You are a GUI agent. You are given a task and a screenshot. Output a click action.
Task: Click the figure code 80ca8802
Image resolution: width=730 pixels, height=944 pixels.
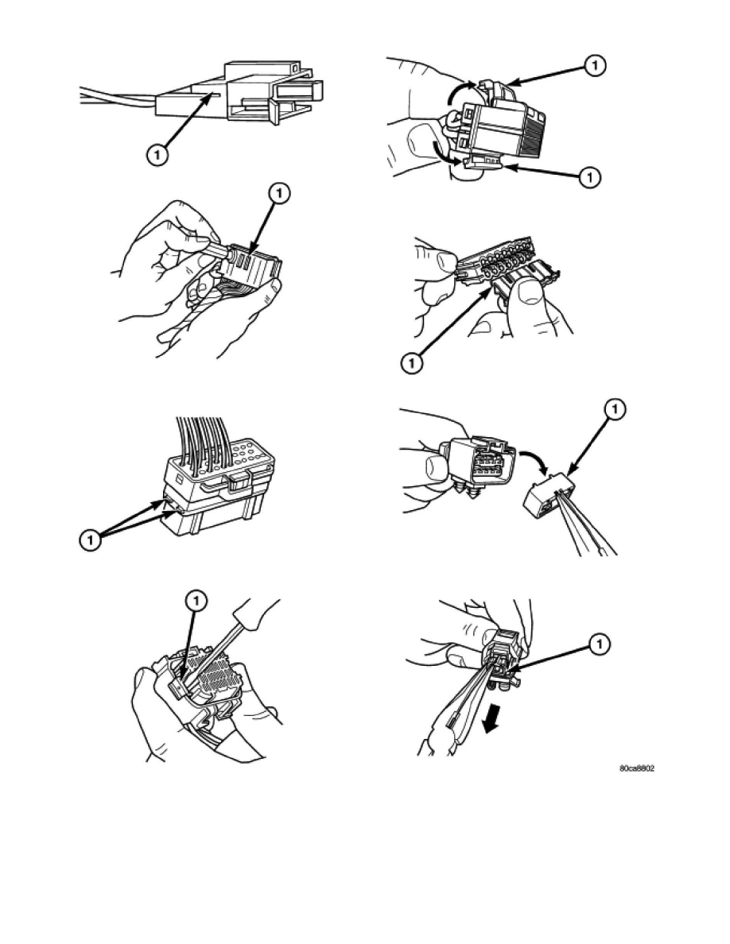click(x=637, y=769)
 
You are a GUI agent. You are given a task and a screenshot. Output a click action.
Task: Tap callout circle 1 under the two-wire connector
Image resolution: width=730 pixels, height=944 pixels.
click(x=157, y=155)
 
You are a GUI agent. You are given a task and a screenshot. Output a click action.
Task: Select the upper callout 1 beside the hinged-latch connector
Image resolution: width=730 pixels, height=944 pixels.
click(x=595, y=65)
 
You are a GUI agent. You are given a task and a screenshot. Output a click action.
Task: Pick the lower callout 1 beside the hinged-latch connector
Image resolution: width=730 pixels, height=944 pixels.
click(x=590, y=177)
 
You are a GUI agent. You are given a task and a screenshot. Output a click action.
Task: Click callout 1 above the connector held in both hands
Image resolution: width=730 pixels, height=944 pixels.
click(x=279, y=194)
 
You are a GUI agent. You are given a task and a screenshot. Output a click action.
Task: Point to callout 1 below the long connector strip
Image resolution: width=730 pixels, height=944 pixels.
click(x=411, y=364)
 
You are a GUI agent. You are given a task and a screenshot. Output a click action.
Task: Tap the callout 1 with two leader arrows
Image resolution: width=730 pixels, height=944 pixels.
click(x=91, y=540)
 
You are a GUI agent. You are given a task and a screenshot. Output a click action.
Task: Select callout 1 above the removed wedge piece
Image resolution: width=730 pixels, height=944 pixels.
click(x=615, y=410)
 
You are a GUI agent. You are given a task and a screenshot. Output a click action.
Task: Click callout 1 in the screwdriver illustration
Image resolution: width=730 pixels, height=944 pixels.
click(x=196, y=600)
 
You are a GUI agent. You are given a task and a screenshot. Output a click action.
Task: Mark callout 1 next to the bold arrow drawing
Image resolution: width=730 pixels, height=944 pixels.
click(x=600, y=644)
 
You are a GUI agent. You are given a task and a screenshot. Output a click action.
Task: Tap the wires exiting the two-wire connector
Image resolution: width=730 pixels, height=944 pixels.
click(x=118, y=98)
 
